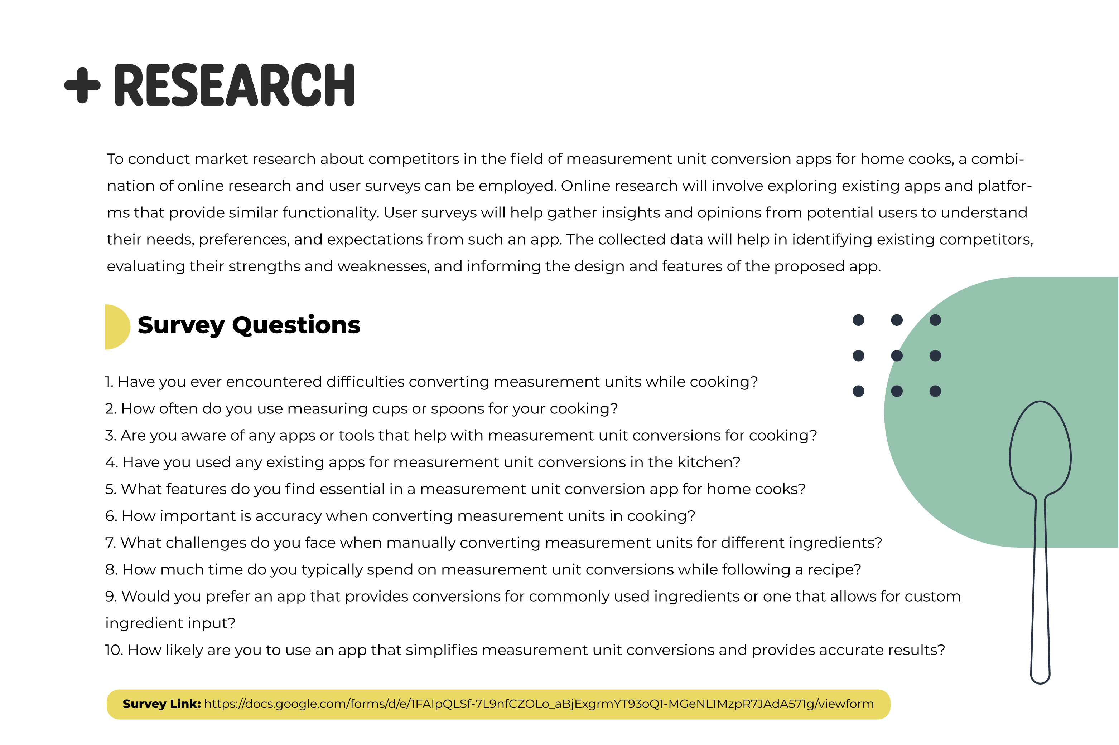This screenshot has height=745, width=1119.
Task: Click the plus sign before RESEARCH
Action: coord(82,85)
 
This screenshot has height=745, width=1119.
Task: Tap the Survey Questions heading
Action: coord(249,325)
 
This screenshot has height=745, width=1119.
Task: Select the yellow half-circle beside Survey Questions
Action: coord(116,327)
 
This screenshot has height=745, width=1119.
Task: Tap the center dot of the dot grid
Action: coord(896,356)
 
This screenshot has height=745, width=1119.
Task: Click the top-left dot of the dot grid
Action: coord(858,320)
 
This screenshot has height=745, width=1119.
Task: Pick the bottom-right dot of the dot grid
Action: coord(935,391)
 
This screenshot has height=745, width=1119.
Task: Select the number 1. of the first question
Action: coord(109,382)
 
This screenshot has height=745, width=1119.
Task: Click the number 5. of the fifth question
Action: coord(110,489)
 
